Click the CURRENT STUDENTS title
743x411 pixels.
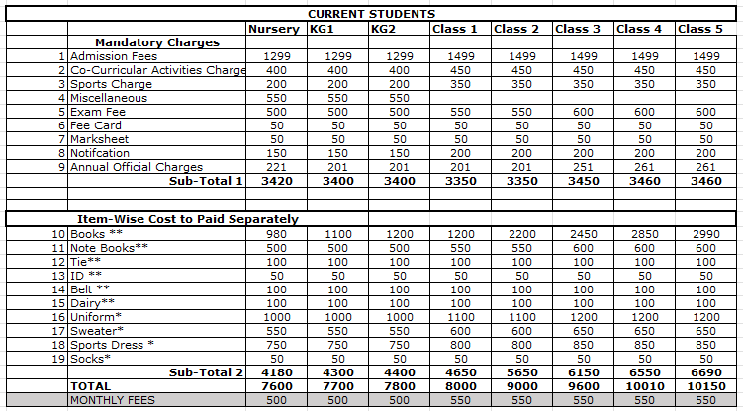(x=371, y=14)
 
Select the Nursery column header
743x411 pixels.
(x=273, y=29)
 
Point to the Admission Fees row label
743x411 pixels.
(x=114, y=56)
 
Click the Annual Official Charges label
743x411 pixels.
(x=137, y=167)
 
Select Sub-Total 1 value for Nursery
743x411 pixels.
(x=276, y=181)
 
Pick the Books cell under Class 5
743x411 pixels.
(x=705, y=233)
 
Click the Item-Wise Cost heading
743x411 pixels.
(x=188, y=218)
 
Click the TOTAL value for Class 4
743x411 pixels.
(x=644, y=385)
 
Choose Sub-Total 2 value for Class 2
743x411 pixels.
(x=521, y=371)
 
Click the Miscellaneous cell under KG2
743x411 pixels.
(x=399, y=98)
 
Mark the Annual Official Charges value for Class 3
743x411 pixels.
(x=583, y=167)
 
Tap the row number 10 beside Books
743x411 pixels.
(x=59, y=233)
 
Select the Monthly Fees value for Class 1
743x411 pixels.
(x=460, y=400)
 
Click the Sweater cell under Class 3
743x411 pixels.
(x=583, y=330)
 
